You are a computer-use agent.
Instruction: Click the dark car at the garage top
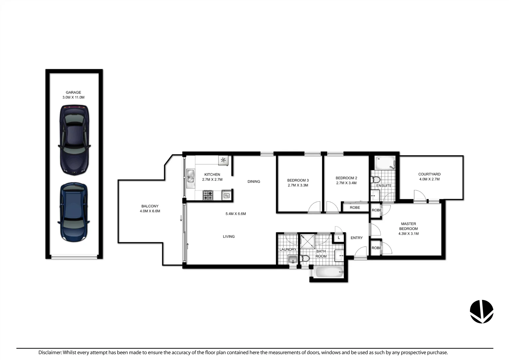click(x=74, y=140)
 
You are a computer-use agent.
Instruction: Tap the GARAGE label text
click(x=73, y=92)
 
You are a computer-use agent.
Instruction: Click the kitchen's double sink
click(x=191, y=177)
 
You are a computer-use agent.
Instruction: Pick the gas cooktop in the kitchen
click(x=208, y=195)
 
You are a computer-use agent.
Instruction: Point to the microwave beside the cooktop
click(x=227, y=196)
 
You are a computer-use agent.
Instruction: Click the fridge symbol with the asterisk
click(x=223, y=160)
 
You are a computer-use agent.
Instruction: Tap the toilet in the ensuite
click(x=376, y=180)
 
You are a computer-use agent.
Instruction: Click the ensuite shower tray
click(x=385, y=163)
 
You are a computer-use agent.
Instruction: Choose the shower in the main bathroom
click(x=307, y=241)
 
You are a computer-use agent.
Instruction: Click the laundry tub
click(x=293, y=259)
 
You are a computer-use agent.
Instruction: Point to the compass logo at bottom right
click(x=481, y=311)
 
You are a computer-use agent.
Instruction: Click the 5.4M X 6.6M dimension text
click(x=236, y=214)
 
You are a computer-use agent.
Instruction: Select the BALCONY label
click(x=150, y=206)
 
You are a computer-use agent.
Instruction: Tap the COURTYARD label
click(x=429, y=174)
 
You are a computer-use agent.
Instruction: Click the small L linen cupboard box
click(x=339, y=238)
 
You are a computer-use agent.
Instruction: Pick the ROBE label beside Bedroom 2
click(x=355, y=207)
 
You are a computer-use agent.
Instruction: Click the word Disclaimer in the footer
click(x=50, y=352)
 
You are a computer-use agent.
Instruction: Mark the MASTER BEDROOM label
click(x=408, y=226)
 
